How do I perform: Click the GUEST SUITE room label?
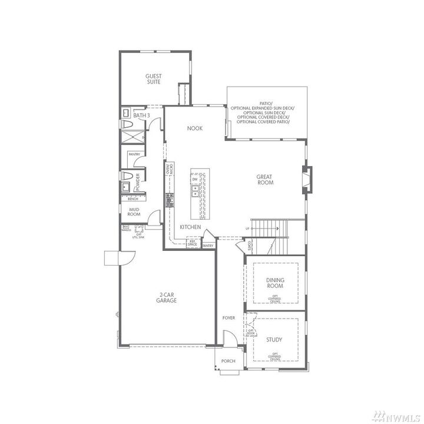pos(154,79)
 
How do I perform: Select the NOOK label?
pos(194,128)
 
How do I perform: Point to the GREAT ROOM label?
pos(265,180)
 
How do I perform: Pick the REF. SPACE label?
pos(192,242)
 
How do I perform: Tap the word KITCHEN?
pos(190,227)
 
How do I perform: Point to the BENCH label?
pos(133,199)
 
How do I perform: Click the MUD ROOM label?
pos(134,212)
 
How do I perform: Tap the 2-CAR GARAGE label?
pos(167,297)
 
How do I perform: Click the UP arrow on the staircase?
pos(248,228)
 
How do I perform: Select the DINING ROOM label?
pos(275,283)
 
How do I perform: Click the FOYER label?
pos(228,318)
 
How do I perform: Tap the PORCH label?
pos(228,361)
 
